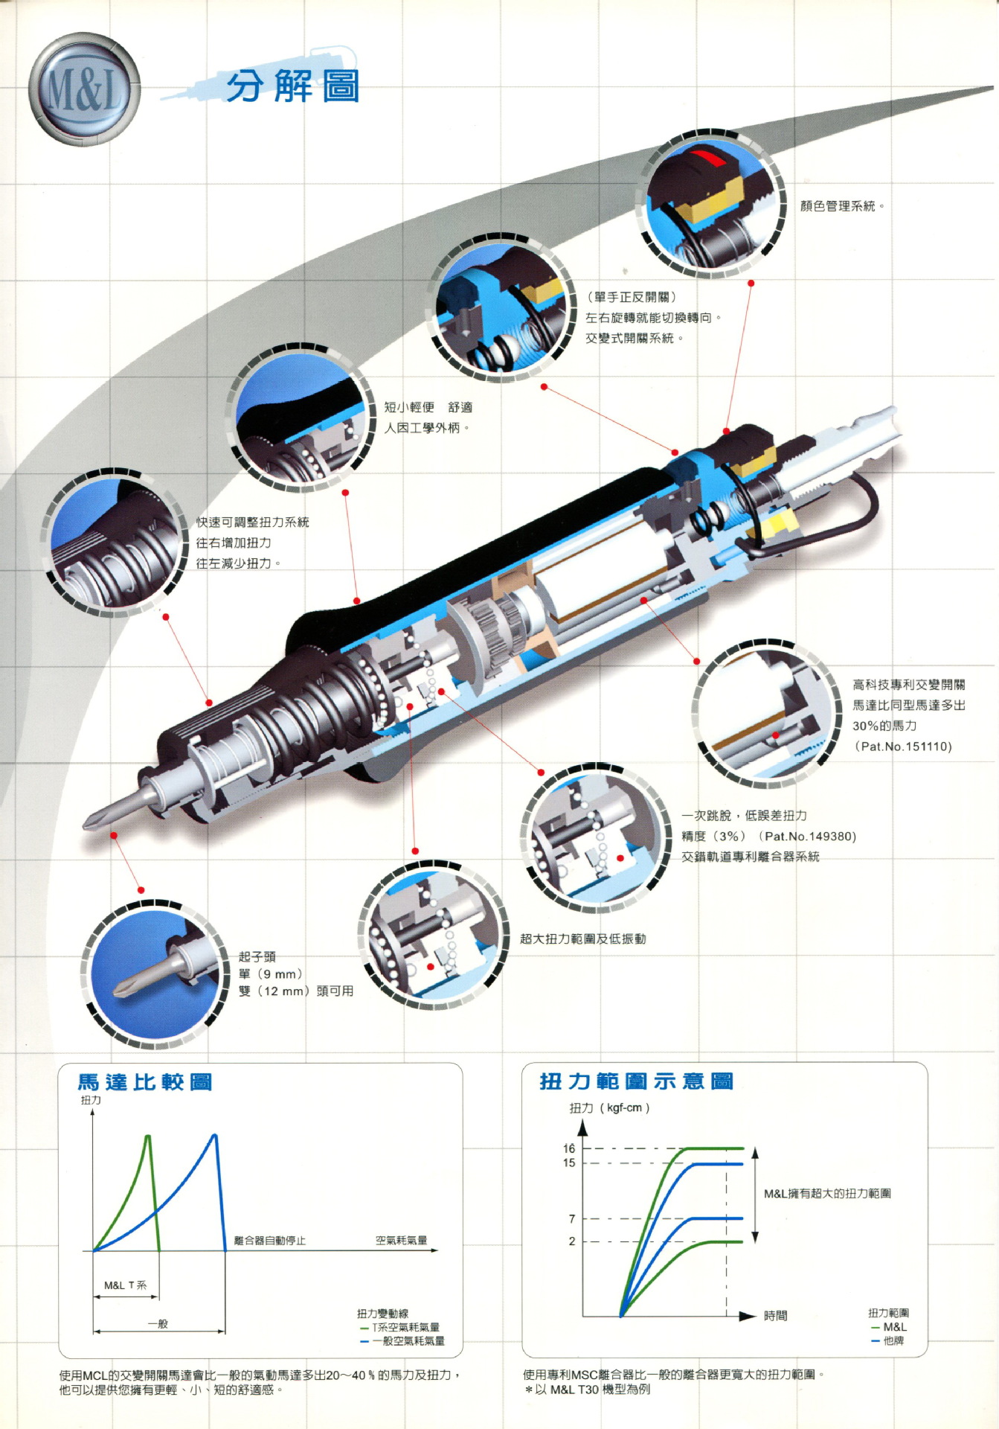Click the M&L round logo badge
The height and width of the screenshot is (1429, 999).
pos(83,89)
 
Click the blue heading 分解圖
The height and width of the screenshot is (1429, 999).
pos(292,87)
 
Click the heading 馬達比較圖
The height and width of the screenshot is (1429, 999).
pos(145,1082)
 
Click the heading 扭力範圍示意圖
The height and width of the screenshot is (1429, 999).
pos(637,1081)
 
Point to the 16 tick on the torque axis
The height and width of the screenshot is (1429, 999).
pos(569,1148)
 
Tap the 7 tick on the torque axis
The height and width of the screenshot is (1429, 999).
pos(571,1218)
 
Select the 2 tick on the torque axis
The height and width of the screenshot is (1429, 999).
pos(571,1241)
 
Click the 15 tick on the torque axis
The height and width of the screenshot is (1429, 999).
pos(569,1163)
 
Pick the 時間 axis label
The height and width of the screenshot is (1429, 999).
pos(776,1316)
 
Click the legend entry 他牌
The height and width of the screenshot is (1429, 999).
pos(893,1340)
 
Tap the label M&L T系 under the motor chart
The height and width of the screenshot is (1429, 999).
pos(125,1285)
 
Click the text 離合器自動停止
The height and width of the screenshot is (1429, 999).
pos(269,1241)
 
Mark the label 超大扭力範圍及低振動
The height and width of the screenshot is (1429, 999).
pos(582,939)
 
